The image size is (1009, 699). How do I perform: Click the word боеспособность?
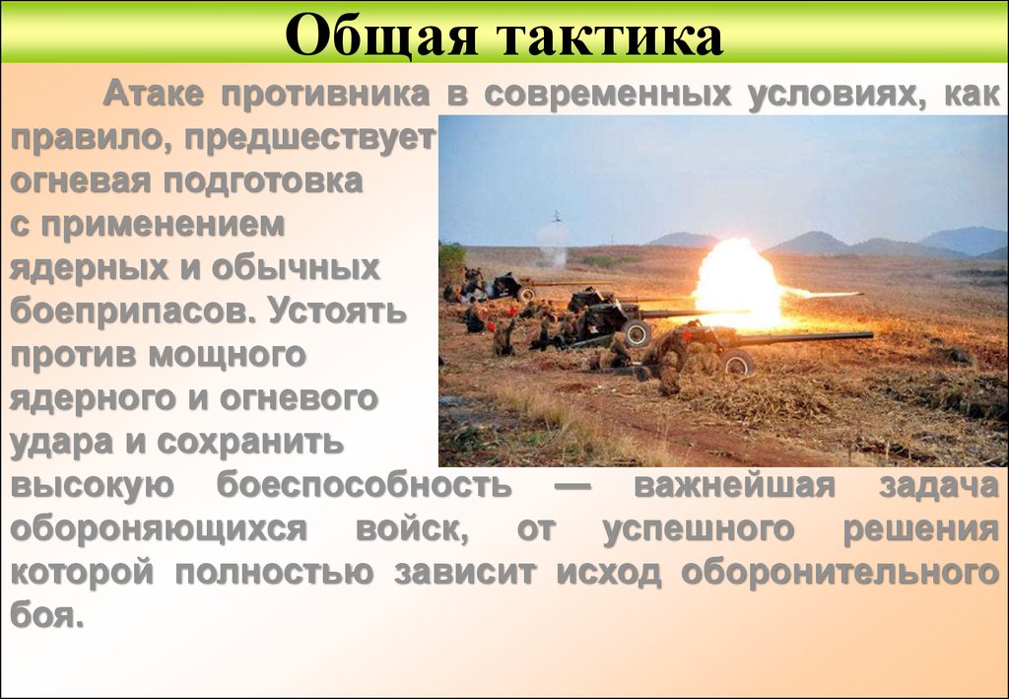(364, 485)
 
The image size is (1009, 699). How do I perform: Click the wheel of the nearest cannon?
(735, 363)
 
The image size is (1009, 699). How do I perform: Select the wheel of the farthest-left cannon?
(527, 293)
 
